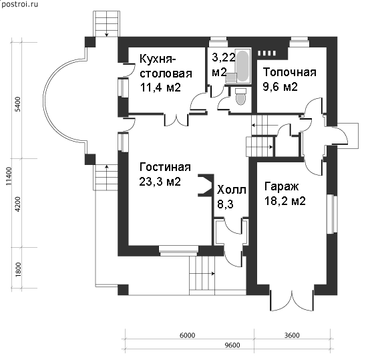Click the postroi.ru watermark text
(19, 4)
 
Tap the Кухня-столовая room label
(166, 66)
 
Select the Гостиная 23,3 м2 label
(165, 174)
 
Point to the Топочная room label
(290, 72)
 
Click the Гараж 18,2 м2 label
(285, 194)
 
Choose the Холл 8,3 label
(232, 197)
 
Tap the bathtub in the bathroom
(242, 65)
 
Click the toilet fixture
(241, 96)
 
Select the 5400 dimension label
(18, 105)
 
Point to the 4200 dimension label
(18, 204)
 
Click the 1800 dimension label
(18, 270)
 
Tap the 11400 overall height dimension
(9, 176)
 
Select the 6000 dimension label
(188, 335)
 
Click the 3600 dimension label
(292, 335)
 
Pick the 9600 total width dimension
(232, 345)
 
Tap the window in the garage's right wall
(333, 214)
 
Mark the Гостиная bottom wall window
(178, 250)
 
